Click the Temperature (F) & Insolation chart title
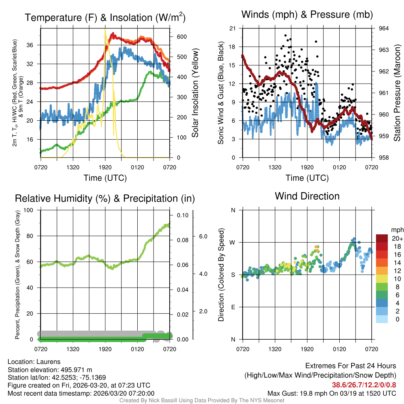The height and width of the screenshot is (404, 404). (105, 17)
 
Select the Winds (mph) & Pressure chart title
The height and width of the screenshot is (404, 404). (307, 15)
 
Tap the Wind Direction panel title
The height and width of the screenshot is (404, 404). (307, 196)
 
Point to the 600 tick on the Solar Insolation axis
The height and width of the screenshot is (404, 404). (181, 37)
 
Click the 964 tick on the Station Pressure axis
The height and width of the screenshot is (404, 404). (384, 28)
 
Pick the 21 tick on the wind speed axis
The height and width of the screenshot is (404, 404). (232, 28)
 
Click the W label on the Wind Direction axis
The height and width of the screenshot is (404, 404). (232, 242)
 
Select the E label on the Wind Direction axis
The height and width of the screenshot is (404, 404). (232, 307)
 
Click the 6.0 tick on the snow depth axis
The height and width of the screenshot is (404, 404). (202, 236)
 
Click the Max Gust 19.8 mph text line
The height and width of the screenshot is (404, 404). (332, 393)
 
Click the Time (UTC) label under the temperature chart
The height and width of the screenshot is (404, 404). (105, 178)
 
